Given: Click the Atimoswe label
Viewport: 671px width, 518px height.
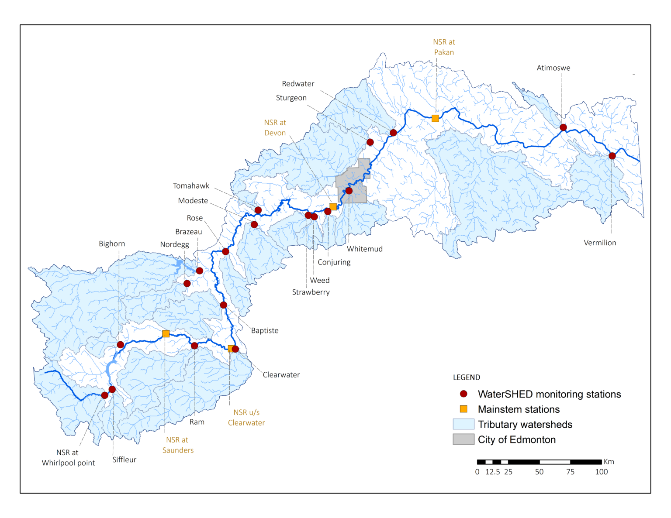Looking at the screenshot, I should coord(553,68).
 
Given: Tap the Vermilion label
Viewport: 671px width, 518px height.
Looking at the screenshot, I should coord(600,243).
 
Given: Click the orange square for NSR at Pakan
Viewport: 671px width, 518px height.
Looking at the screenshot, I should coord(435,118).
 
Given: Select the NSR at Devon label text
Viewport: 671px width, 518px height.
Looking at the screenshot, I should coord(275,128).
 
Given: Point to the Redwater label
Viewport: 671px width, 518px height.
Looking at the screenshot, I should coord(298,84).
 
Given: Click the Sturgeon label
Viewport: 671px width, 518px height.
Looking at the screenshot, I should coord(291,98).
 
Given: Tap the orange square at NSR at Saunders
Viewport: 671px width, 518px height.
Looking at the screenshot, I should coord(166,334).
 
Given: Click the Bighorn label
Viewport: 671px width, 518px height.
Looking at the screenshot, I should coord(112,244).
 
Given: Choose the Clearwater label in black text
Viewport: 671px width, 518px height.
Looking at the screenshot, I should coord(281,374).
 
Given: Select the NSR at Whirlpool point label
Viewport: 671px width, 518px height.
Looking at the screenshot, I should coord(68,457).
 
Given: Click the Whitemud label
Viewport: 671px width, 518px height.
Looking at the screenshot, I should coord(365,249).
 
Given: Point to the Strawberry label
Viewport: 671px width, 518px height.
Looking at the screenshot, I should coord(311,292).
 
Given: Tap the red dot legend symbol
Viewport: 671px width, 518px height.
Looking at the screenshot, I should coord(463,394).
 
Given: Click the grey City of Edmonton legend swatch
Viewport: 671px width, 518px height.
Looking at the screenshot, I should coord(463,439).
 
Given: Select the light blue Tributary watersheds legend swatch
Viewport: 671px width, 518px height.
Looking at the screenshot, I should coord(463,424).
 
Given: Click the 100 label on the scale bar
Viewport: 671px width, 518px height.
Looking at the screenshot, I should coord(601,472).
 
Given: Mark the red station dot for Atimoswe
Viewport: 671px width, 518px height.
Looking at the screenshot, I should coord(563,127).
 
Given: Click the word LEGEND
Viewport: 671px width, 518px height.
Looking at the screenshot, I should coord(466,377).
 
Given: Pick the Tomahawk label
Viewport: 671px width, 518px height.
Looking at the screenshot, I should coord(191,186).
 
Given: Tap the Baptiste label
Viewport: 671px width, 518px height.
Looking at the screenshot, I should coord(265,330).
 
